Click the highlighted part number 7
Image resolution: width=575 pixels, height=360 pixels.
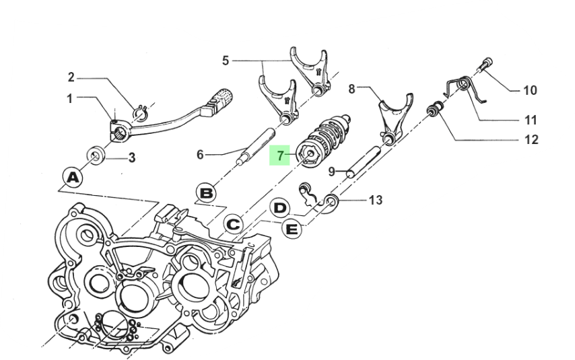tap(280, 155)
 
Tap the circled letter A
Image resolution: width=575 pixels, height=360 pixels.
tap(73, 178)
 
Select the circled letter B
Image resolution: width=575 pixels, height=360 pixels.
tap(207, 193)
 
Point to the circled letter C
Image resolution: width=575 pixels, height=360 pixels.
tap(233, 224)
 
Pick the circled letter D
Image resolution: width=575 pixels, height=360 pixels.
tap(280, 208)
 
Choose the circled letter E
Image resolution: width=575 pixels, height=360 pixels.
tap(292, 229)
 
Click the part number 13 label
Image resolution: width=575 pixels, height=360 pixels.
tap(375, 200)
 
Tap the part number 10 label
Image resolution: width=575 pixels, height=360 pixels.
tap(529, 90)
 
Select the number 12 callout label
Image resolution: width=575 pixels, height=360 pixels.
tap(531, 140)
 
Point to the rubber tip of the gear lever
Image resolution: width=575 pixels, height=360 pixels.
tap(222, 98)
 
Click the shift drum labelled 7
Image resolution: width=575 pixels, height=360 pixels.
tap(323, 142)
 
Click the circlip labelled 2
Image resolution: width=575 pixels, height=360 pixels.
tap(141, 112)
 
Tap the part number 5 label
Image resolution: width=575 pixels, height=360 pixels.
tap(226, 61)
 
